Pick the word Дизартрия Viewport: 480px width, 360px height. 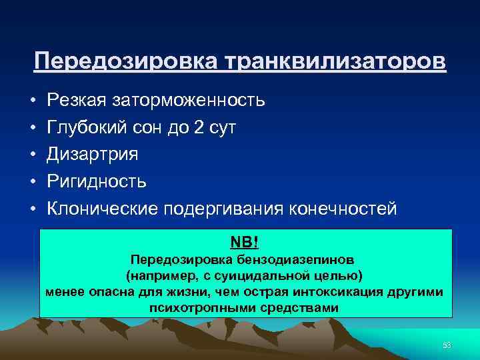coord(92,155)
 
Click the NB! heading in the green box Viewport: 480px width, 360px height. coord(245,240)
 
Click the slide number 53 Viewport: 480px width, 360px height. coord(447,345)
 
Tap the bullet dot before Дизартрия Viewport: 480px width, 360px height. coord(32,155)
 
